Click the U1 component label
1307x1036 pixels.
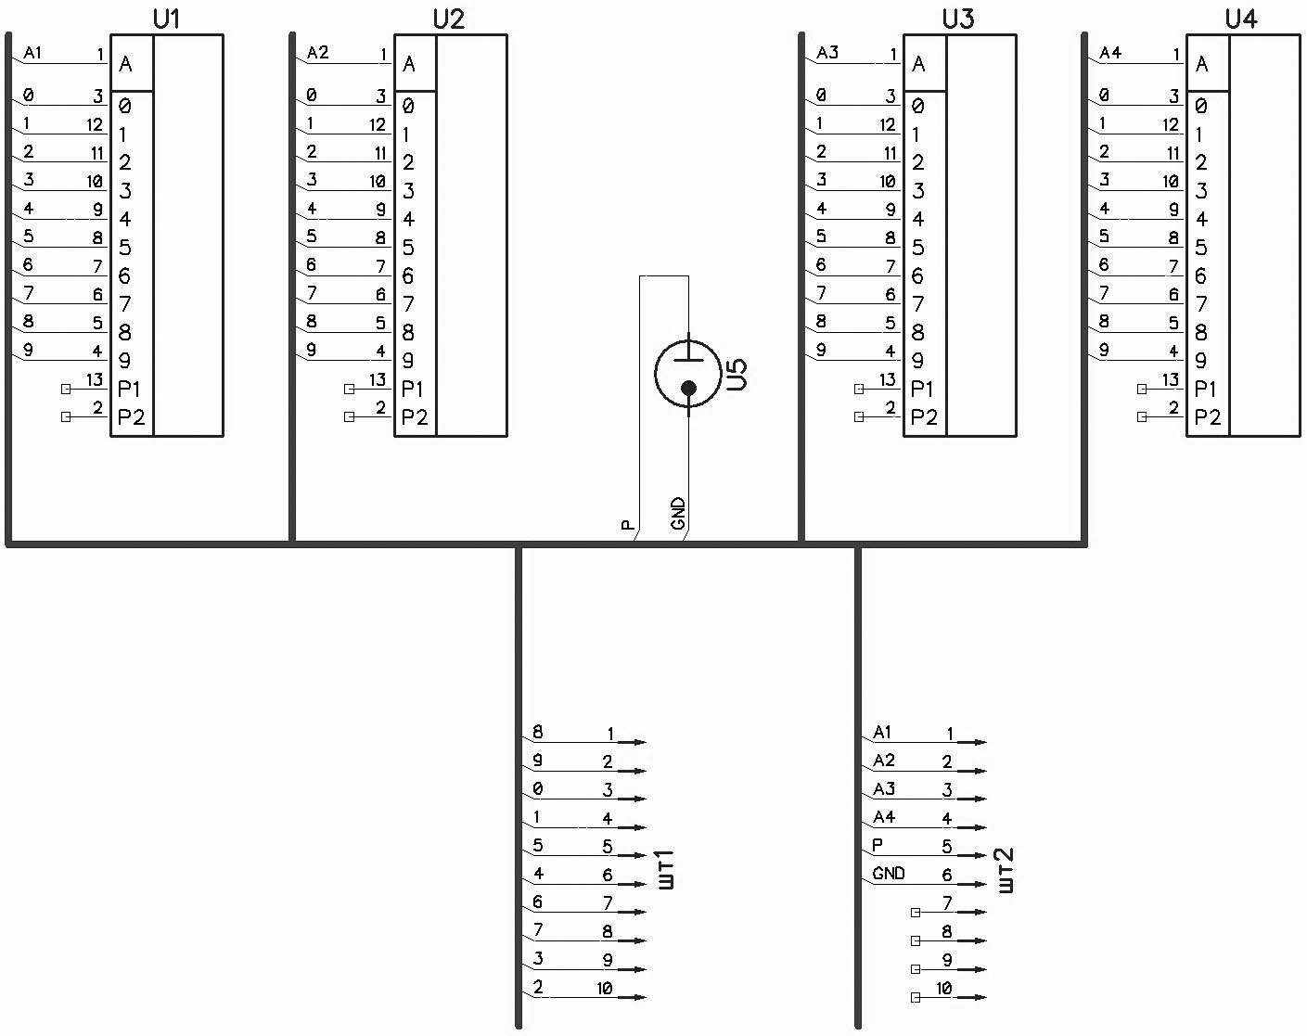[165, 19]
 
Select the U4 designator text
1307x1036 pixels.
[1240, 19]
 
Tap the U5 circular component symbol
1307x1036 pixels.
[687, 374]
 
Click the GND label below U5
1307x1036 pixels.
[678, 515]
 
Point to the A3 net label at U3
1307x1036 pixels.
[827, 53]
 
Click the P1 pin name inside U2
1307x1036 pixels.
[414, 389]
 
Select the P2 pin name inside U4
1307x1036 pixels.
[1207, 417]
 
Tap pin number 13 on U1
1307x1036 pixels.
[94, 379]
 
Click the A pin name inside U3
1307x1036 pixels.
[918, 64]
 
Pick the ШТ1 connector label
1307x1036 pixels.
[666, 870]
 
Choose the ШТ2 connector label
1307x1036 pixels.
[1007, 870]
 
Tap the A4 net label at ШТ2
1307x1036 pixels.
[884, 817]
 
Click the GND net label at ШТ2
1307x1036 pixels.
[889, 874]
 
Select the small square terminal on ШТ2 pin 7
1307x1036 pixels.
[916, 913]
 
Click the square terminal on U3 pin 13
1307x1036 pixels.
[859, 389]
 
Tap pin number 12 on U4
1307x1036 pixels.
[1170, 124]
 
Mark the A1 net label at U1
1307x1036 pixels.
[32, 53]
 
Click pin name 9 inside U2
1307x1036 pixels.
[408, 361]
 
